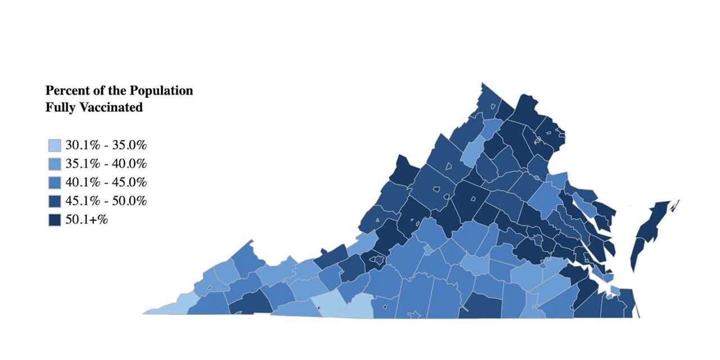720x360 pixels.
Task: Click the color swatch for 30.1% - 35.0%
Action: coord(54,146)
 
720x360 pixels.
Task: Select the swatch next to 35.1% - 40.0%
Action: coord(54,164)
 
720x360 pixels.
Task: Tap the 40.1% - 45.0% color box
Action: coord(54,183)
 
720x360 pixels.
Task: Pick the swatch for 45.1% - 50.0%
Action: coord(54,201)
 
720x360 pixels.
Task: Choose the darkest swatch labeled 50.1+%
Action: coord(54,220)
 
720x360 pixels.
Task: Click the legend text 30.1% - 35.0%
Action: coord(106,146)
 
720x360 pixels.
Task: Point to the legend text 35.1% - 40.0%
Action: coord(106,164)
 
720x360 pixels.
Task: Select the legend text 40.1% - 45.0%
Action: coord(106,183)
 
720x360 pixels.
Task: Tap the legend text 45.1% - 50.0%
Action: coord(106,201)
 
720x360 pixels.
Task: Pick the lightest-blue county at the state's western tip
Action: coord(169,307)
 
